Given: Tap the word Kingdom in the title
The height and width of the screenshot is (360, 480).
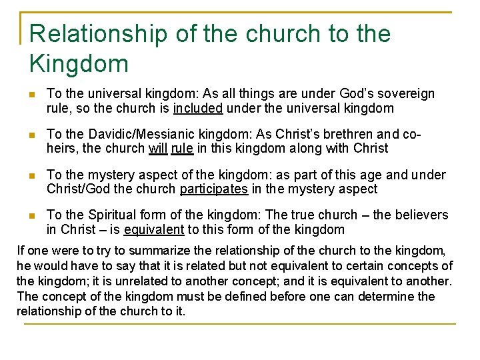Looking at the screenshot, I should pyautogui.click(x=79, y=64).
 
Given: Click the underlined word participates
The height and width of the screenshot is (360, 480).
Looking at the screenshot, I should pyautogui.click(x=213, y=189).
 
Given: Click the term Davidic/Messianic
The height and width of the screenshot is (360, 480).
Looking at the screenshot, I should pyautogui.click(x=143, y=135).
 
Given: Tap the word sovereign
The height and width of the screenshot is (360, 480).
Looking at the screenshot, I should pyautogui.click(x=407, y=94).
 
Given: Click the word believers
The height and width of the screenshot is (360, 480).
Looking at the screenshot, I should pyautogui.click(x=421, y=215).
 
